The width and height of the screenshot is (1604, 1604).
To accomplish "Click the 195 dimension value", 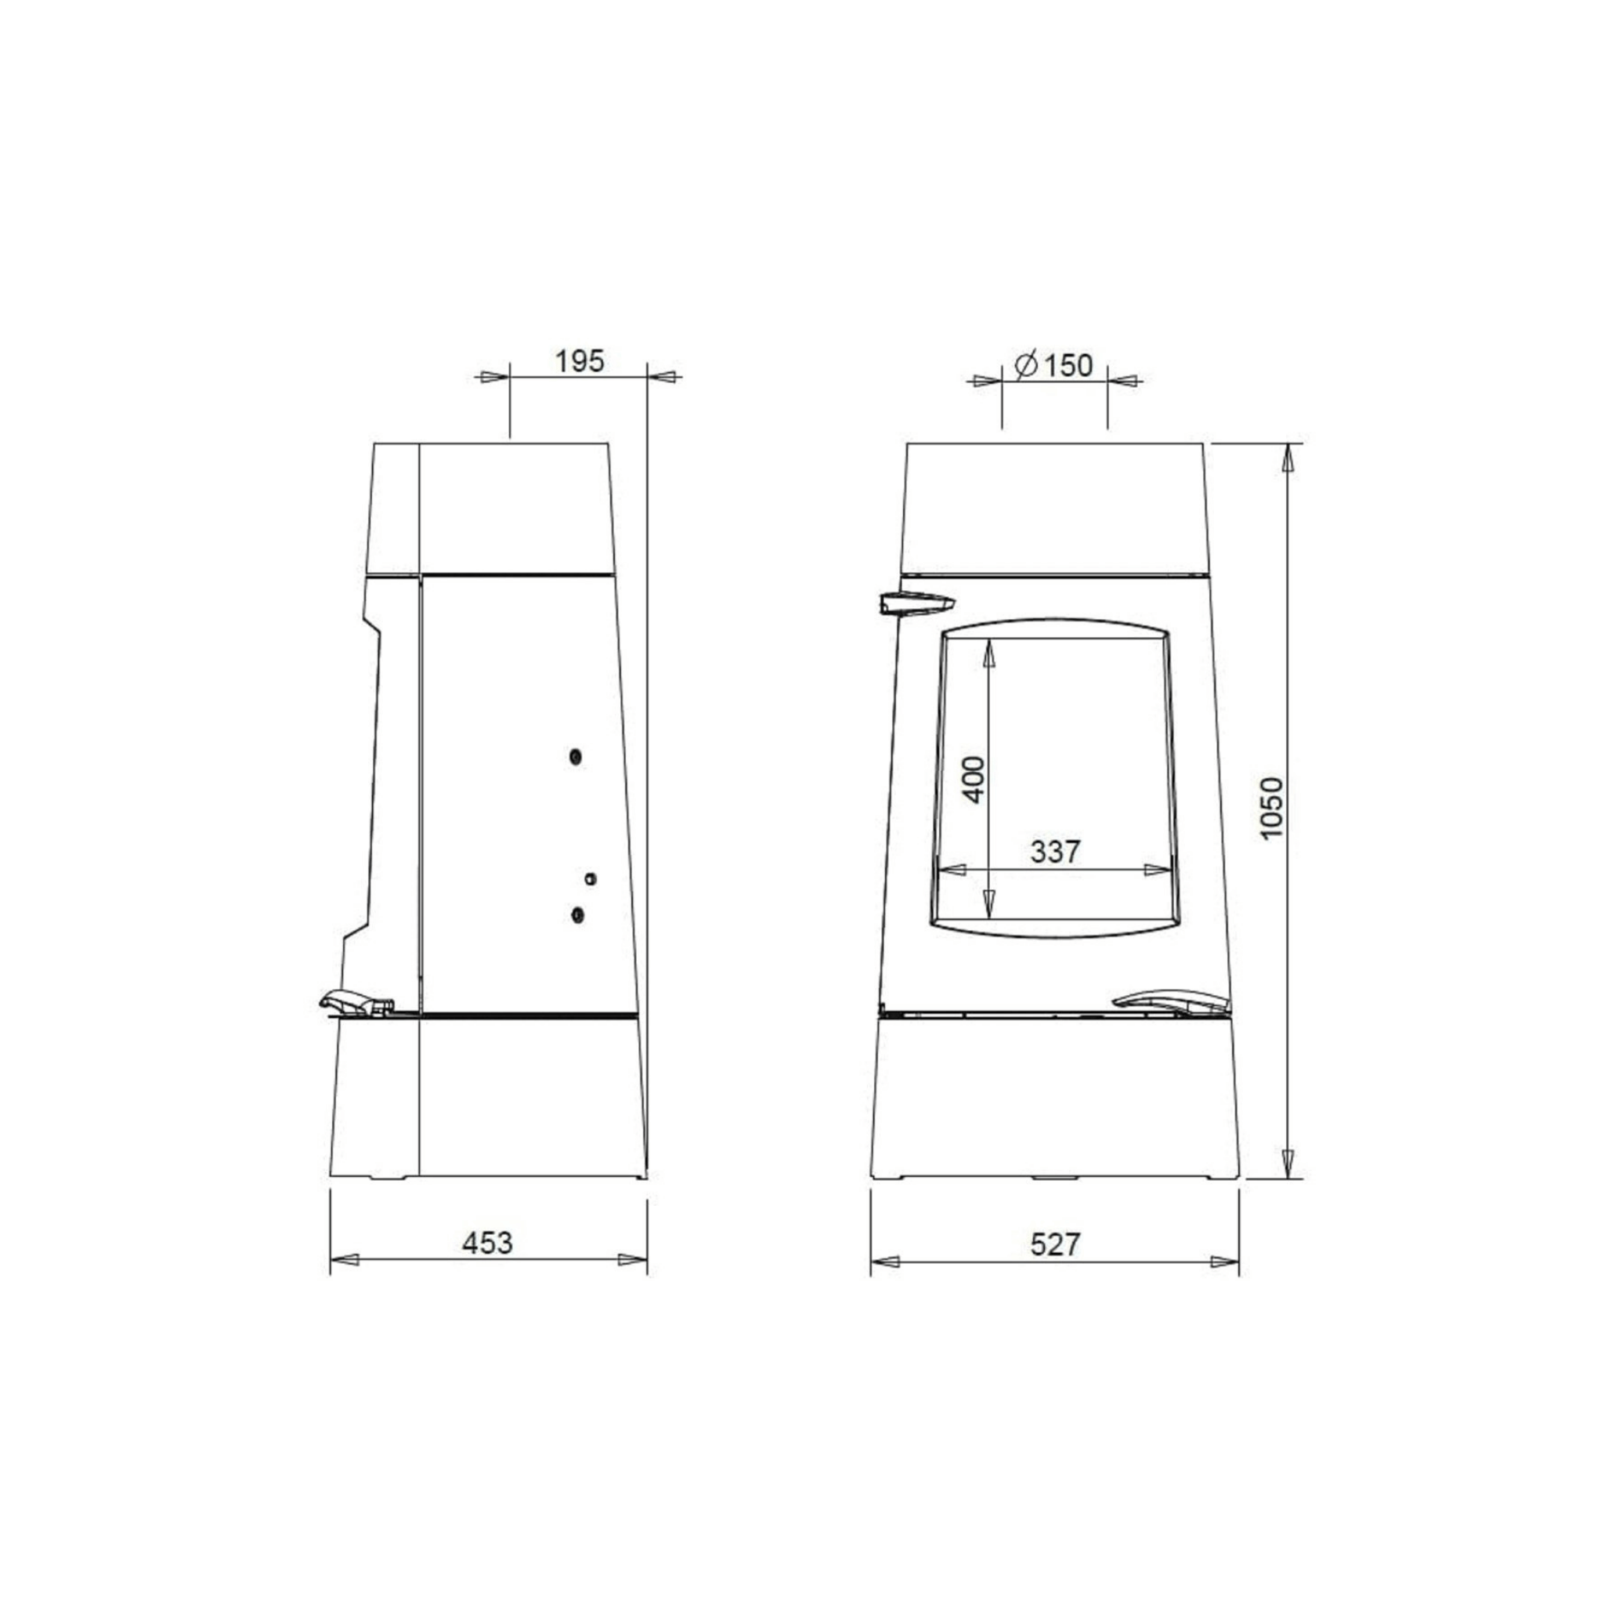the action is pyautogui.click(x=580, y=361).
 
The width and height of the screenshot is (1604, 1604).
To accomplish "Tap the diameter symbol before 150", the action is pyautogui.click(x=1026, y=364).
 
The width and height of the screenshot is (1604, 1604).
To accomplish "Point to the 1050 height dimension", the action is pyautogui.click(x=1271, y=808).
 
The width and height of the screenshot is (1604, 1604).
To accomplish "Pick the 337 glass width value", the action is pyautogui.click(x=1055, y=852).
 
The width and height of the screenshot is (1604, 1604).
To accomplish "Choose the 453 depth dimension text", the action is pyautogui.click(x=487, y=1243).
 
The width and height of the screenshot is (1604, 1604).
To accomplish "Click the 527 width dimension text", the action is pyautogui.click(x=1055, y=1244).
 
